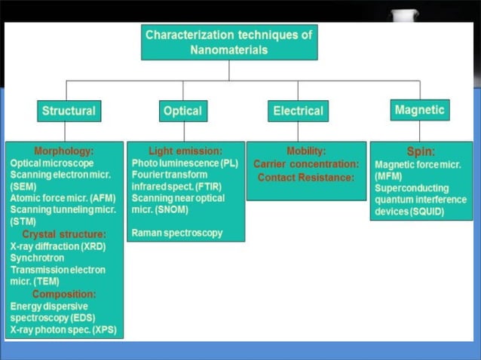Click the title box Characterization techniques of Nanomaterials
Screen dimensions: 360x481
point(229,42)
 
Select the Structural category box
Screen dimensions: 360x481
point(69,111)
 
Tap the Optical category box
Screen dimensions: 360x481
point(182,111)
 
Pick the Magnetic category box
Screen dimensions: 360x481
point(420,110)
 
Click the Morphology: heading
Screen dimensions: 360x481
point(63,151)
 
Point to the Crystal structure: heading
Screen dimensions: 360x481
point(64,234)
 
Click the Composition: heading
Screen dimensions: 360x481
point(63,294)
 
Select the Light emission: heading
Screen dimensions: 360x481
point(185,151)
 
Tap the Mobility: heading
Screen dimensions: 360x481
point(306,151)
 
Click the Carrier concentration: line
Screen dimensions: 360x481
point(306,163)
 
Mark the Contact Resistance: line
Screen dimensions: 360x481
point(306,177)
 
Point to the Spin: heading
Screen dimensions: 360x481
point(420,151)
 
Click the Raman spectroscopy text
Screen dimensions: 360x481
point(177,233)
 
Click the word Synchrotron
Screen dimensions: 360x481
point(36,258)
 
